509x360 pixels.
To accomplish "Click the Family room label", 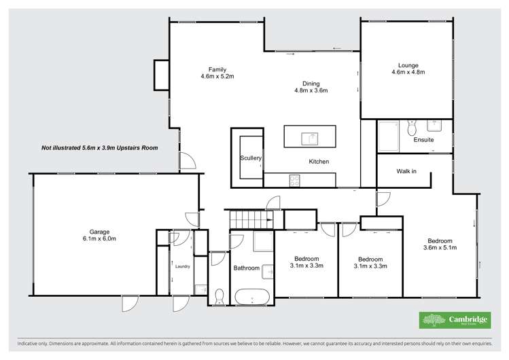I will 217,69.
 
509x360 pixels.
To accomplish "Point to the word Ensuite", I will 423,140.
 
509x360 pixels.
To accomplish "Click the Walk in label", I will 406,171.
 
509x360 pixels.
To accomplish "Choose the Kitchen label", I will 319,162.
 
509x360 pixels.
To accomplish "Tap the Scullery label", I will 251,158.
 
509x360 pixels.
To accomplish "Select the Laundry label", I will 182,266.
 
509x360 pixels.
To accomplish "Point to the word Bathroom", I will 247,268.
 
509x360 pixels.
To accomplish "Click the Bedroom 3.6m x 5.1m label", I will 440,244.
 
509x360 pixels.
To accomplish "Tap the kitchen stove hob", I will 296,181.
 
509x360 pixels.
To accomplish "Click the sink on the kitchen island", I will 310,139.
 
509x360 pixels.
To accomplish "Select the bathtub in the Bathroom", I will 253,297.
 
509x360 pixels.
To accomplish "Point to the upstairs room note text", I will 100,147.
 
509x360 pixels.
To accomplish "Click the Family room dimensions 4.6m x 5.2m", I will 217,77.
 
